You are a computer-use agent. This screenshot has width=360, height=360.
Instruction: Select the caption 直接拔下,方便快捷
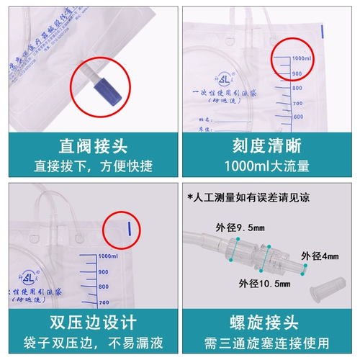[89, 168]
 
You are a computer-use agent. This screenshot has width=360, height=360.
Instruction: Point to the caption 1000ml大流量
[269, 168]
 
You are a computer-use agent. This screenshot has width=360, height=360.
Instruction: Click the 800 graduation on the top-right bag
[298, 87]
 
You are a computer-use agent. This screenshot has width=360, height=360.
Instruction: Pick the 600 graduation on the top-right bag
[299, 117]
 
